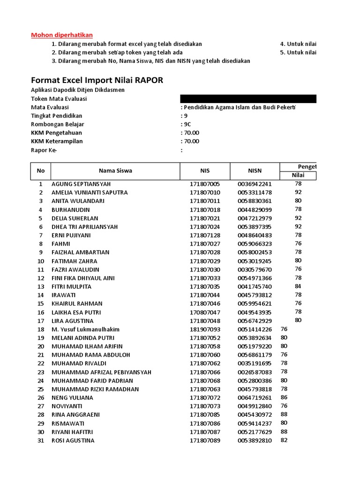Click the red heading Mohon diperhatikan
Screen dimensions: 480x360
62,35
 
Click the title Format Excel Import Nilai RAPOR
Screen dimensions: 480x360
97,80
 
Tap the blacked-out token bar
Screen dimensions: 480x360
248,98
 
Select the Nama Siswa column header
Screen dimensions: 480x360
115,171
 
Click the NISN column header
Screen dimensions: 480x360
255,171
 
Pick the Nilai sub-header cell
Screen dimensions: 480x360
298,175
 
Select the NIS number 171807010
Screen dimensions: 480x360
205,192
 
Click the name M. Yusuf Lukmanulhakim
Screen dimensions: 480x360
86,330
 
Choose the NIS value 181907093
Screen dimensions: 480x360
205,330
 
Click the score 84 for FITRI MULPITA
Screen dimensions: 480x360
298,286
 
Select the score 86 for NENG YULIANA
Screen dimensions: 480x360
284,397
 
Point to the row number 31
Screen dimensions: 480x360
41,441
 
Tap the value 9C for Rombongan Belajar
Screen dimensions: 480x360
187,124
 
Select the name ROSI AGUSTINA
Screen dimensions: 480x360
73,441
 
